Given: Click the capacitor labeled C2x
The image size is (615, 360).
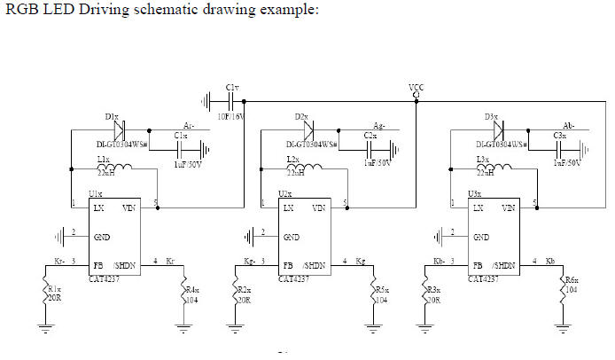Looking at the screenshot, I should [x=371, y=145].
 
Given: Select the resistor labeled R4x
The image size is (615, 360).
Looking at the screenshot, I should [x=182, y=292].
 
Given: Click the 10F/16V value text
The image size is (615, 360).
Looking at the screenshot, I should [x=233, y=116].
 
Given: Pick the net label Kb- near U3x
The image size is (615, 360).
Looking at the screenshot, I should [x=438, y=262].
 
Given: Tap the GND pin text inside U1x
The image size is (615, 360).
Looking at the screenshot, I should [x=102, y=238].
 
